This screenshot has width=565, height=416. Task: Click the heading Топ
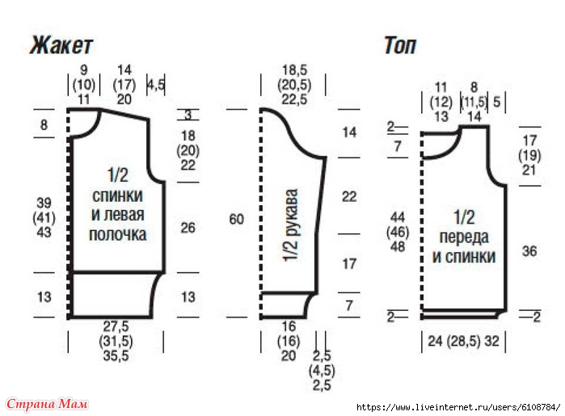tap(399, 45)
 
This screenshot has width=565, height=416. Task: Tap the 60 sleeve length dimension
tap(236, 219)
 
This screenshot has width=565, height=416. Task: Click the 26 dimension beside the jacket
tap(188, 229)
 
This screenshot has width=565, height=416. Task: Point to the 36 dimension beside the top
tap(529, 251)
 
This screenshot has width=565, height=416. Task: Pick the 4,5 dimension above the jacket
tap(155, 84)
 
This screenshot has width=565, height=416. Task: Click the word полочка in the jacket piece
tap(119, 235)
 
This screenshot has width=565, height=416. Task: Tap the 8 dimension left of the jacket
tap(44, 124)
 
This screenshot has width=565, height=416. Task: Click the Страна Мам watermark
tap(47, 403)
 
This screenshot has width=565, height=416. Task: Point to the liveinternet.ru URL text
tap(457, 406)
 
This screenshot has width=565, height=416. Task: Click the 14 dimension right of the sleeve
tap(348, 132)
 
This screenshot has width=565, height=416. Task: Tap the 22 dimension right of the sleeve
tap(348, 196)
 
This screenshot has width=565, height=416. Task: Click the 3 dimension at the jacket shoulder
tap(188, 116)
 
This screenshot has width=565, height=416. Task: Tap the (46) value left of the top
tap(397, 232)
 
